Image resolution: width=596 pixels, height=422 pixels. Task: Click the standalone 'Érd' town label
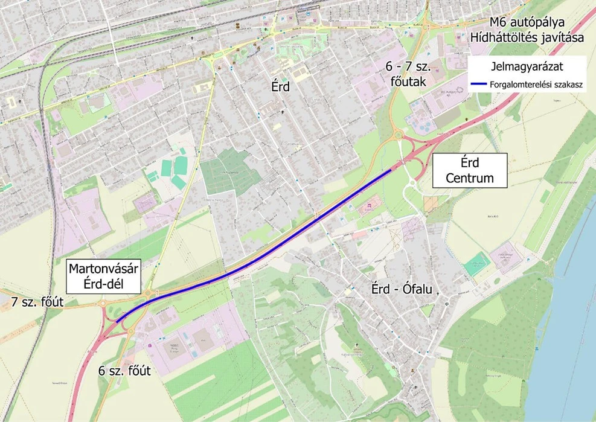[280, 87]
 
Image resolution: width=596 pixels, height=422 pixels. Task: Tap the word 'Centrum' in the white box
[469, 178]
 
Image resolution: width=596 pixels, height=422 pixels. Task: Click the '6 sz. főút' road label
[124, 370]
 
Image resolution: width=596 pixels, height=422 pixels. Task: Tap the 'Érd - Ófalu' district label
[402, 290]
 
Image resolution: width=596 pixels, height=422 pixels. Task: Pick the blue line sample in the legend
[484, 85]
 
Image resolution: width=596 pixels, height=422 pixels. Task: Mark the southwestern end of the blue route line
[117, 322]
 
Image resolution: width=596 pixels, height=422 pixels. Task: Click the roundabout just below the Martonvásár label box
[149, 294]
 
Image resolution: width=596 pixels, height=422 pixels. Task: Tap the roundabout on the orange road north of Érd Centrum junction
[397, 134]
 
